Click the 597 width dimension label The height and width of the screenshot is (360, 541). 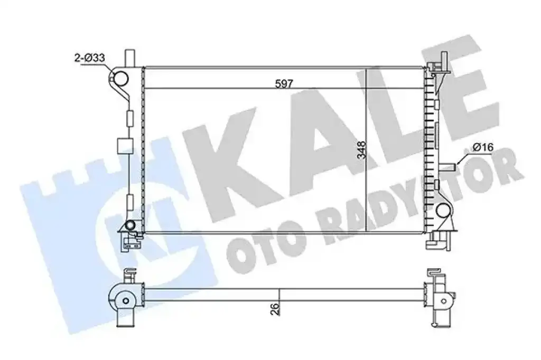tap(284, 83)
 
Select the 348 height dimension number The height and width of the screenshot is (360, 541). tap(362, 150)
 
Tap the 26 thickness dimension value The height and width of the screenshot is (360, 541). tap(275, 309)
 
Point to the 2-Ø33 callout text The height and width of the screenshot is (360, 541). tap(90, 58)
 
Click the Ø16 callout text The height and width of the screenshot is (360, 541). tap(483, 148)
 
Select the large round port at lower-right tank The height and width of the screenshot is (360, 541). tap(443, 210)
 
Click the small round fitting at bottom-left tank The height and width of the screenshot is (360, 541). tap(130, 225)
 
